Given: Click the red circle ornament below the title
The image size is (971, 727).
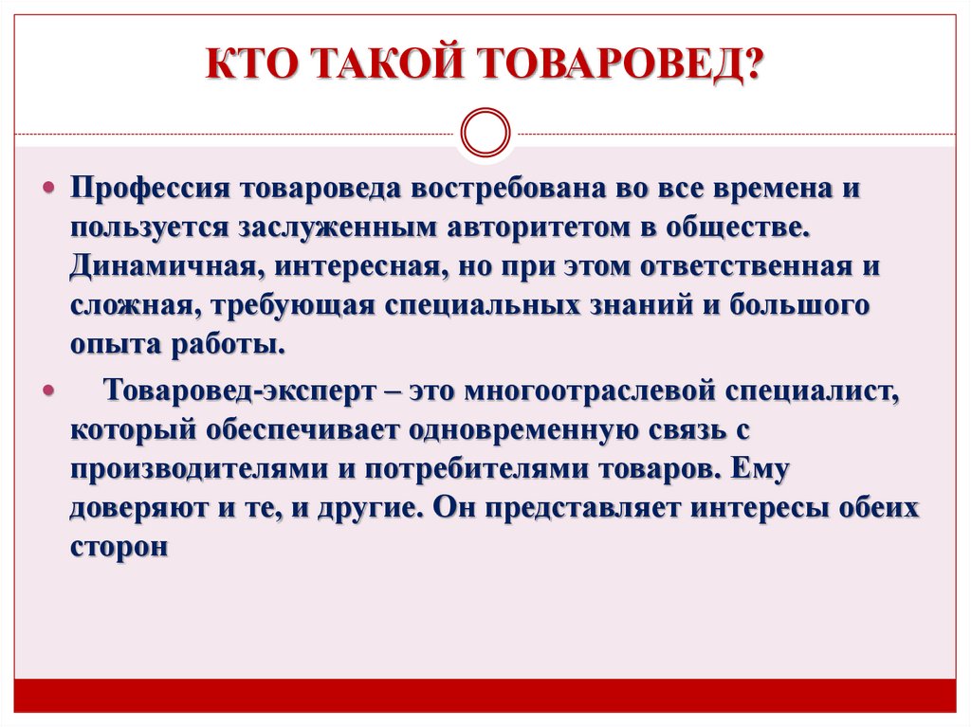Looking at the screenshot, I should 484,132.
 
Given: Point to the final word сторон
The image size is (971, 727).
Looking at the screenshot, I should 118,548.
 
